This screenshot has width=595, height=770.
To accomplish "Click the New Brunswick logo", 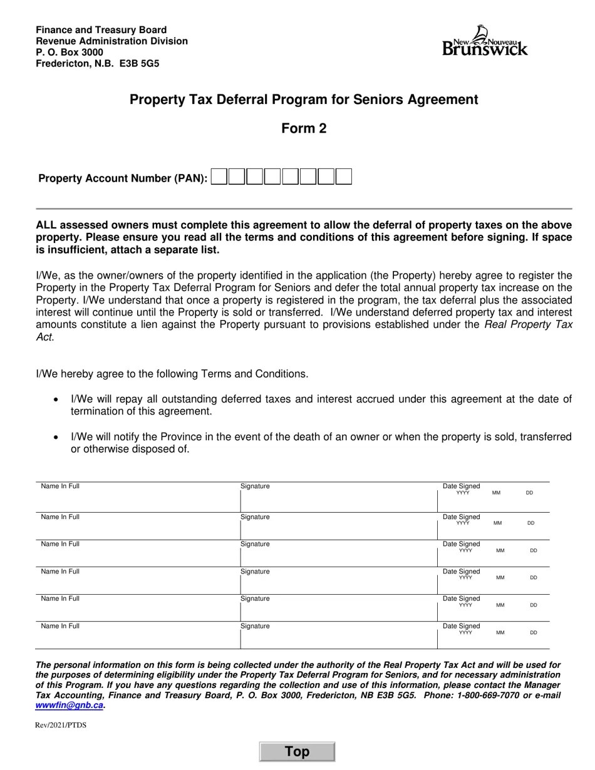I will tap(485, 41).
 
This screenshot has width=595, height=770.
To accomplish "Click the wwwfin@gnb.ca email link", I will tap(69, 705).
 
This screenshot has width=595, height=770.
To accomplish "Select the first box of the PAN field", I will tap(219, 177).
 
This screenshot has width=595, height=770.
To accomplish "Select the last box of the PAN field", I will tap(343, 177).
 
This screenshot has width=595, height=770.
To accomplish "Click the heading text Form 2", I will tap(304, 128).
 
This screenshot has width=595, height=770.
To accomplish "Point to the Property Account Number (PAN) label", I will tap(123, 178).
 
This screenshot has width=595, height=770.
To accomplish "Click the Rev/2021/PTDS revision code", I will tap(61, 725).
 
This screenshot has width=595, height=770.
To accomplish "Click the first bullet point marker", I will tap(57, 399).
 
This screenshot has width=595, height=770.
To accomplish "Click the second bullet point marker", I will tap(57, 437).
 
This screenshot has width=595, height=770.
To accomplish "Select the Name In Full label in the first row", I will tap(60, 486).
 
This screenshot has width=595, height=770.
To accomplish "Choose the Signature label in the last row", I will tap(255, 626).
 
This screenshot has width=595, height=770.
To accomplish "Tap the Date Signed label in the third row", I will tap(461, 544).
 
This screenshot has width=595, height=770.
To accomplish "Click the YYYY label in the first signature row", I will tap(463, 493).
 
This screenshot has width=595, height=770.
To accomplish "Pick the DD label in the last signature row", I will tap(534, 633).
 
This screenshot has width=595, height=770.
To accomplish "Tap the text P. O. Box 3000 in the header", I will tap(70, 52).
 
